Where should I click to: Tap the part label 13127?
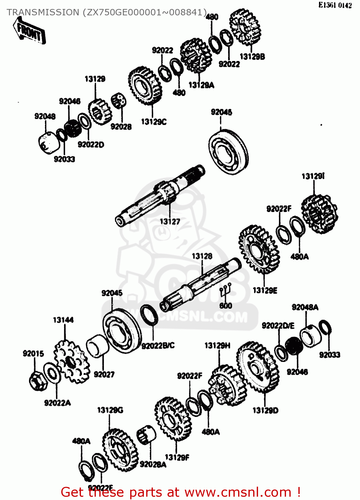tap(170, 221)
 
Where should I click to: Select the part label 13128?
tap(202, 256)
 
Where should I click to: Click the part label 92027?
tap(104, 374)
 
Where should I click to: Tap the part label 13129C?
tap(154, 122)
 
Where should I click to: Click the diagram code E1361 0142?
tap(335, 5)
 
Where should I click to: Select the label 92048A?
tap(305, 307)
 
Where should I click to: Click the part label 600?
tap(225, 305)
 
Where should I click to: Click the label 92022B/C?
tap(158, 346)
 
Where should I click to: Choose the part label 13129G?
tap(110, 410)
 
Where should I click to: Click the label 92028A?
tap(153, 464)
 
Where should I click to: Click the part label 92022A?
tap(57, 403)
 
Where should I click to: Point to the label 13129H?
tap(217, 346)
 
